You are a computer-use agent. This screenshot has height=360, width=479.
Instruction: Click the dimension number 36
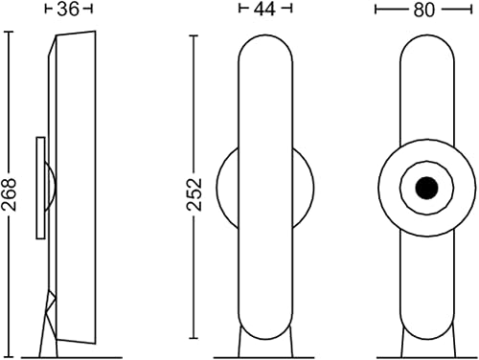(x=68, y=10)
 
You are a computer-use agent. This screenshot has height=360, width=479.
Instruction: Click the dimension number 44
(x=264, y=10)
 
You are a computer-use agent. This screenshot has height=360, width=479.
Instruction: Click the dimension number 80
(x=424, y=10)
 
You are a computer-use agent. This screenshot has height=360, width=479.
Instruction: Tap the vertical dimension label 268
(x=9, y=194)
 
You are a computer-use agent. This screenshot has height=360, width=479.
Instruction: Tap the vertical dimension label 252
(x=194, y=194)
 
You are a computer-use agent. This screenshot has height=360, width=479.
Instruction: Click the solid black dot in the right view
(x=427, y=188)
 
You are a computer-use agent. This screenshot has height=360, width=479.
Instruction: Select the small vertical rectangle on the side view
(x=40, y=188)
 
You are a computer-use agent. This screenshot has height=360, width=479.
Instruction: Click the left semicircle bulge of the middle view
(x=217, y=188)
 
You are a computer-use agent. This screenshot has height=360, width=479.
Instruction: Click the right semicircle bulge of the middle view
(x=313, y=188)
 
